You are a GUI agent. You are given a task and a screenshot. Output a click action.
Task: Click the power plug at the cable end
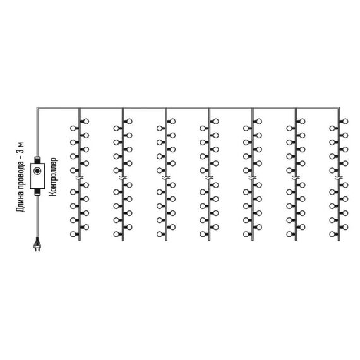[37, 245]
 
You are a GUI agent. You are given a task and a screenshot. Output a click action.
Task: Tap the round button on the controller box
[37, 171]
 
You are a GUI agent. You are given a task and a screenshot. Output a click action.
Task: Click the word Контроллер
[53, 177]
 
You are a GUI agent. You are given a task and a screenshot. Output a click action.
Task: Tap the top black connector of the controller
[37, 160]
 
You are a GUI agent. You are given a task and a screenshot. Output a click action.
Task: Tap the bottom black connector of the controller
[37, 192]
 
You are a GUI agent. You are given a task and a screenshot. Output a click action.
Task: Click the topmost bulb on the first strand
[86, 121]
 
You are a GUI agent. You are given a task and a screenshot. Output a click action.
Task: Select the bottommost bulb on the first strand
[73, 234]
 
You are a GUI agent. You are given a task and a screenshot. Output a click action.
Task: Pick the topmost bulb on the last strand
[345, 121]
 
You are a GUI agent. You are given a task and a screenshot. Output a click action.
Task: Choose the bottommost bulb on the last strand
[332, 234]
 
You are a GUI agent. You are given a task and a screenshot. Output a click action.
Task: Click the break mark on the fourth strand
[209, 177]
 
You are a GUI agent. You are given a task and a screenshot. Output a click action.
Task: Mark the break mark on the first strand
[80, 177]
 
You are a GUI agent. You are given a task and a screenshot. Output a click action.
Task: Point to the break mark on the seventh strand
[339, 177]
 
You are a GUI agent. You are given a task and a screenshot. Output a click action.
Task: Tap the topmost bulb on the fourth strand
[216, 121]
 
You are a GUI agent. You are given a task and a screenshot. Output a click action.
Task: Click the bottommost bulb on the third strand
[160, 234]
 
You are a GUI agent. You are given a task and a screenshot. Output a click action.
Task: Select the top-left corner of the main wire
[37, 107]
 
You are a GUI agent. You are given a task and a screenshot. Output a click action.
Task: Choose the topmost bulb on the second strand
[129, 121]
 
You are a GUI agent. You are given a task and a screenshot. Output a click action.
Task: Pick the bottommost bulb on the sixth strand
[289, 234]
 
